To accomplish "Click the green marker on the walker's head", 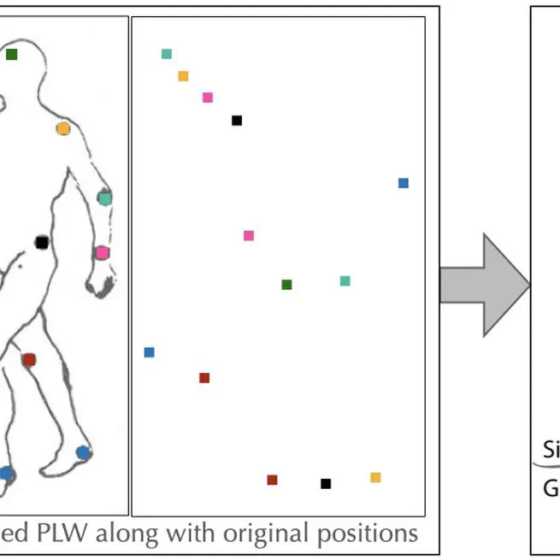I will [11, 55].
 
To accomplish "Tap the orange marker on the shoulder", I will [62, 129].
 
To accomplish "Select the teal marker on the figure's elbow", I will [104, 198].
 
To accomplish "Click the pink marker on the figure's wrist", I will [102, 253].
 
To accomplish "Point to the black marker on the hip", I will [41, 243].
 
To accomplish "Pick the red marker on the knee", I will [28, 360].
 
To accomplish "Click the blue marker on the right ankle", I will [82, 452].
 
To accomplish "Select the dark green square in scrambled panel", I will [286, 285].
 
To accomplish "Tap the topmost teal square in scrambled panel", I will [167, 54].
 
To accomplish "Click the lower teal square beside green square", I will [345, 280].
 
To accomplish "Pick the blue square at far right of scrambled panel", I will [404, 183].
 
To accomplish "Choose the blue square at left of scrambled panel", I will [150, 352].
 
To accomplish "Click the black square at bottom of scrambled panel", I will [325, 484].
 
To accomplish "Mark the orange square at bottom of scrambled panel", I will [375, 477].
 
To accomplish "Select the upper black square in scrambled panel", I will [237, 121].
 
